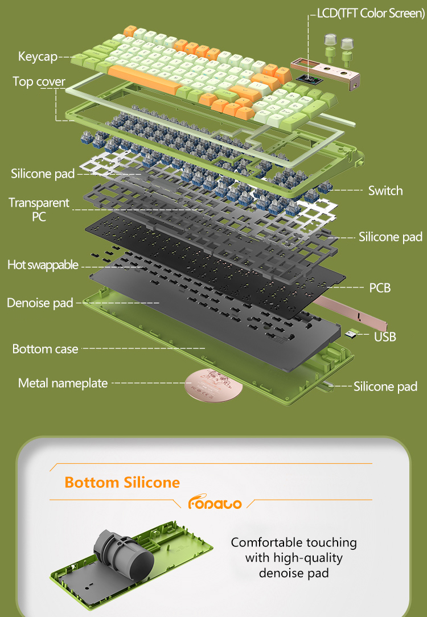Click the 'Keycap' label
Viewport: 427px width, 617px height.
(x=38, y=57)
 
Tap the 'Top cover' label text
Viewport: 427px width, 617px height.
(x=39, y=81)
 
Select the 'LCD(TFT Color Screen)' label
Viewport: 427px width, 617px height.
(x=371, y=14)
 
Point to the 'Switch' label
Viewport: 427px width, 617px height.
(x=385, y=191)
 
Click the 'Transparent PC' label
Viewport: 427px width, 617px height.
(x=39, y=209)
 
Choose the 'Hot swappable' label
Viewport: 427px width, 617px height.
(x=43, y=265)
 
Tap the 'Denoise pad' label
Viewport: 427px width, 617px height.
(x=40, y=303)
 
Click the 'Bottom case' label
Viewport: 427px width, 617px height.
(x=45, y=349)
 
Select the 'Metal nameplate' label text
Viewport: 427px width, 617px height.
(x=63, y=383)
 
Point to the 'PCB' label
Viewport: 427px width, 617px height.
(x=380, y=288)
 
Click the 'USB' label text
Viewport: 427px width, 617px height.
(x=385, y=337)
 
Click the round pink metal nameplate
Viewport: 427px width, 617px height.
(x=213, y=386)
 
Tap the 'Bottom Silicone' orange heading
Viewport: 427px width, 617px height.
(x=122, y=483)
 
